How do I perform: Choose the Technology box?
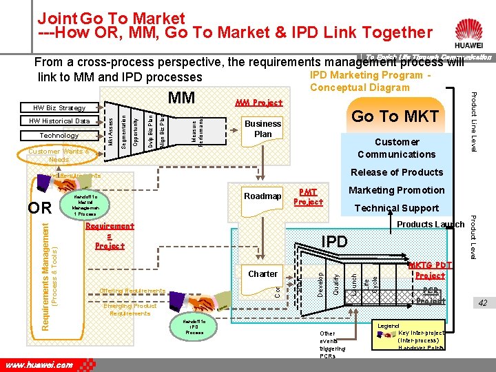tap(60, 136)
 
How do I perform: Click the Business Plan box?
tap(262, 129)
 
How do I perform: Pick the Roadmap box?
tap(262, 196)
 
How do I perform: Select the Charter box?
tap(262, 273)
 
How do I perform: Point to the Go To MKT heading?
tap(395, 116)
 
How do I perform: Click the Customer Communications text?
tap(397, 148)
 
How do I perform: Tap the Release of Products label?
tap(397, 172)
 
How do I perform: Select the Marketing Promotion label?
tap(397, 190)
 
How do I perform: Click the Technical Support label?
tap(396, 208)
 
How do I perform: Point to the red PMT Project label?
tap(308, 197)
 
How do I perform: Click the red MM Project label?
tap(259, 103)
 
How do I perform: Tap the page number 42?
tap(482, 303)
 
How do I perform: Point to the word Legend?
tap(389, 325)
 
